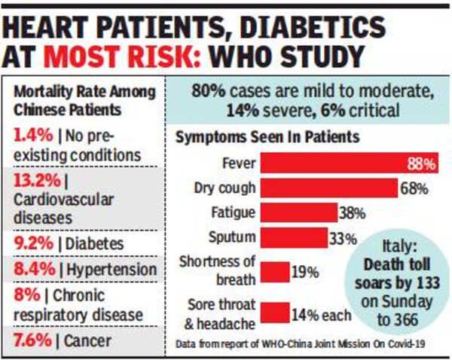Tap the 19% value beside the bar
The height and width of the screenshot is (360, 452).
coord(304,272)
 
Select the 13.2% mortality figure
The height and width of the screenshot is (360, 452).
coord(32,181)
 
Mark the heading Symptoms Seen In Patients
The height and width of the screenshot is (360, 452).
coord(267,138)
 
